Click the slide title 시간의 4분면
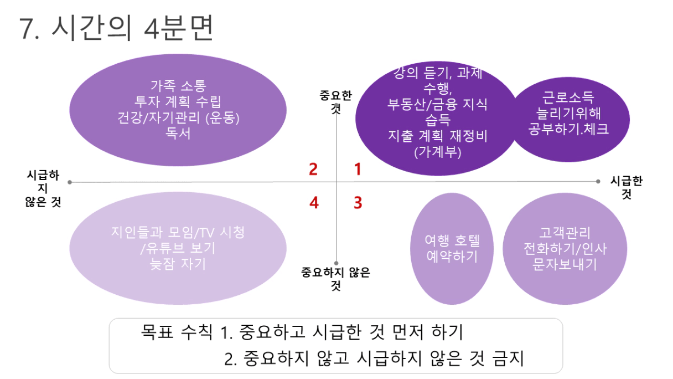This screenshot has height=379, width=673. (x=117, y=29)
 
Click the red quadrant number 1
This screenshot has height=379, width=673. (x=358, y=169)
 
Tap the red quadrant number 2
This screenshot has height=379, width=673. (x=313, y=169)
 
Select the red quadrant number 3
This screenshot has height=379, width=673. (x=358, y=203)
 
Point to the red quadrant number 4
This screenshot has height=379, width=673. (x=314, y=203)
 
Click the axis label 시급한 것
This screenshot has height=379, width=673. (x=626, y=188)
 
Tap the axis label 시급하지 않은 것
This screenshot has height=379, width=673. (x=43, y=189)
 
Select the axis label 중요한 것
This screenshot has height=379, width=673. (x=335, y=101)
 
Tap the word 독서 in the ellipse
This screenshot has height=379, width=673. (x=178, y=133)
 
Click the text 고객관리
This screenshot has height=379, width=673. (x=565, y=233)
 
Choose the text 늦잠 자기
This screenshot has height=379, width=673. (x=178, y=264)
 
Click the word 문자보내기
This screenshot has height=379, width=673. (x=565, y=264)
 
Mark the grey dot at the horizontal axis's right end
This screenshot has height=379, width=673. (x=598, y=181)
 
